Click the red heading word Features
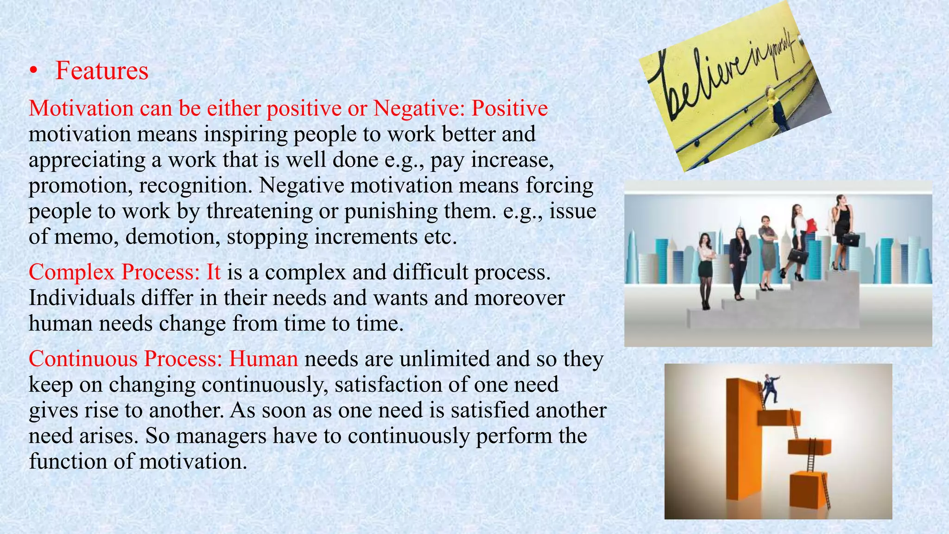pyautogui.click(x=101, y=71)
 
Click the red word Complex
pyautogui.click(x=71, y=272)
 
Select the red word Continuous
pyautogui.click(x=83, y=359)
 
